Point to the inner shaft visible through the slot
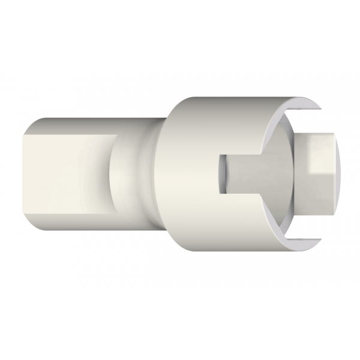point(252,174)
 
